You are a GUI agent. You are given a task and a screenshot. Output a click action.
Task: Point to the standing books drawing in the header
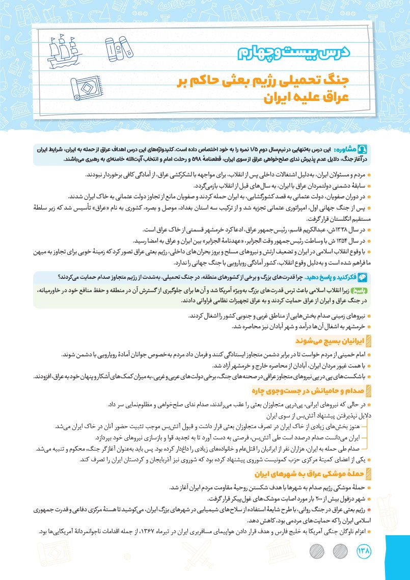pyautogui.click(x=118, y=47)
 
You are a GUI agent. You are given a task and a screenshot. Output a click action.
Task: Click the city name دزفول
pyautogui.click(x=353, y=498)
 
